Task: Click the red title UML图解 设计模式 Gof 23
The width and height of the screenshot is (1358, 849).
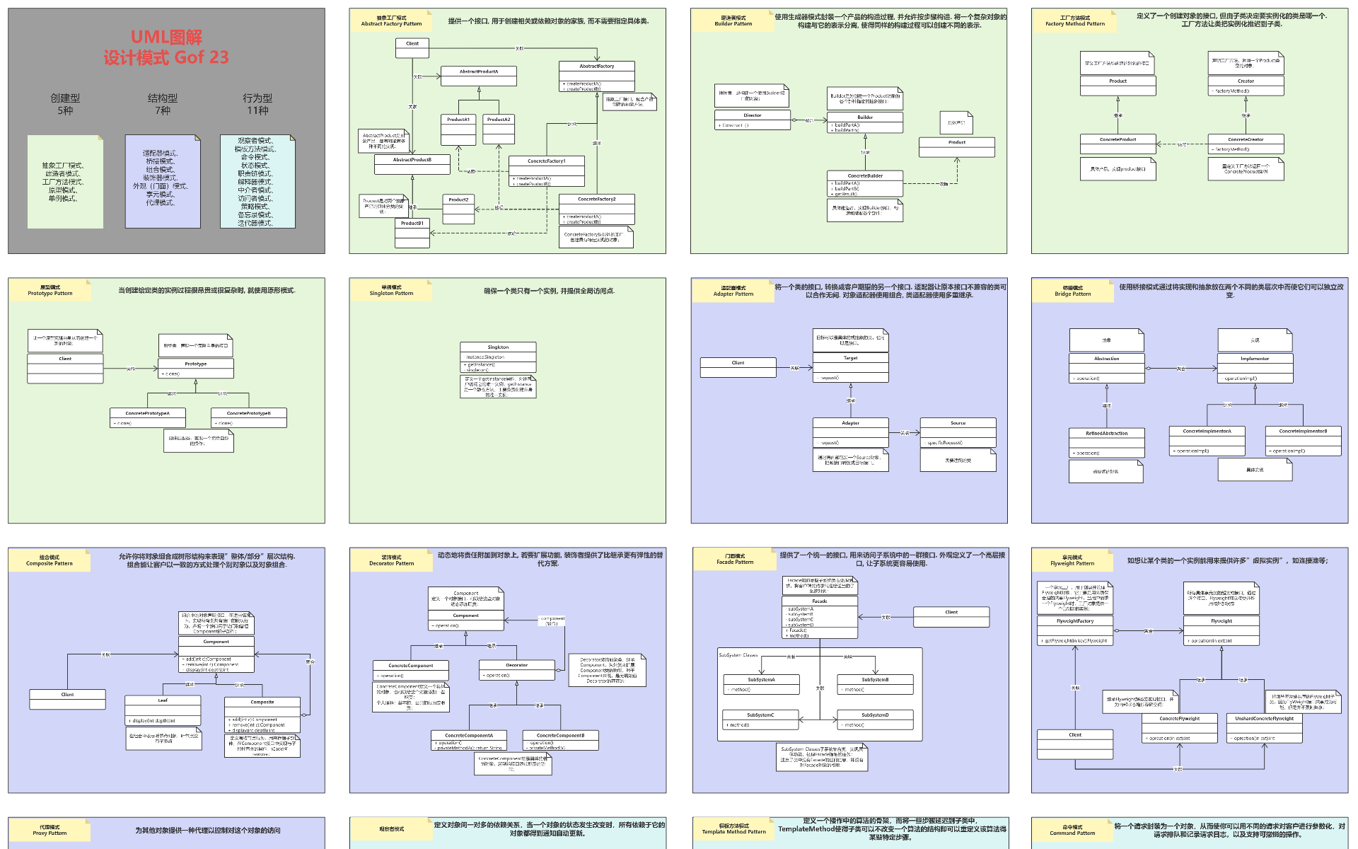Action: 166,47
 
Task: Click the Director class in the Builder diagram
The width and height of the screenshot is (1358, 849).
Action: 752,120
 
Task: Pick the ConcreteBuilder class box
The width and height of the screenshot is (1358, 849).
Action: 865,183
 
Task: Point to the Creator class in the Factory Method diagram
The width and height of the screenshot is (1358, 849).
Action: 1246,86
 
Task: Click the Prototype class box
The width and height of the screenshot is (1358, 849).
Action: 196,368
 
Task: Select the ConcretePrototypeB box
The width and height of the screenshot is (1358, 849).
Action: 249,417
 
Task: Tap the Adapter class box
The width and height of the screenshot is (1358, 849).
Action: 850,432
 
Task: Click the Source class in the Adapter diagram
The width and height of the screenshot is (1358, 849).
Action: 958,432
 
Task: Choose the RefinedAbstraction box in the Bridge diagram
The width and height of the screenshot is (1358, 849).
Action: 1106,443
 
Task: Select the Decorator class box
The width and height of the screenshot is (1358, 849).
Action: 516,669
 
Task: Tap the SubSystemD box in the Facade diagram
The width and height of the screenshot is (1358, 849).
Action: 875,720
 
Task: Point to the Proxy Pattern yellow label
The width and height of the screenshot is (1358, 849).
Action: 50,830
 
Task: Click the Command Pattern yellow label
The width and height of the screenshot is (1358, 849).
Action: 1072,830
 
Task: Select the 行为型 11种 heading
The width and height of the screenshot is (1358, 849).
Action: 257,104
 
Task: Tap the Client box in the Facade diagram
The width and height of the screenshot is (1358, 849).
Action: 951,616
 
